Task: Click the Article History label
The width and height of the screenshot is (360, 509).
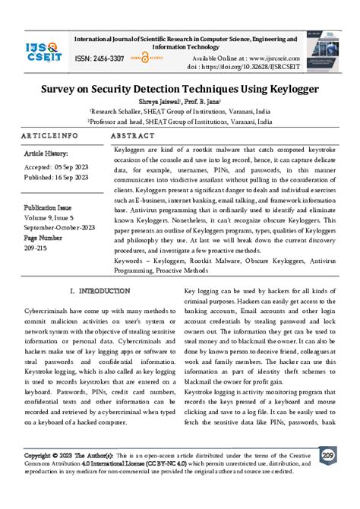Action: tap(47, 153)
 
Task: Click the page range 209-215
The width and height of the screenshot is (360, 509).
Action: tap(36, 247)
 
